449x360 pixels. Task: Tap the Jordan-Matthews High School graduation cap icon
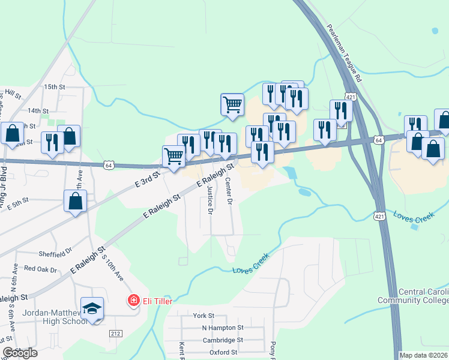pos(92,308)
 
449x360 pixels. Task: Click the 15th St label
pos(53,87)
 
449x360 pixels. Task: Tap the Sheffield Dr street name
pos(55,253)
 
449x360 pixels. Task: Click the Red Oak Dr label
pos(40,269)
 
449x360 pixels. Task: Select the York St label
pos(203,316)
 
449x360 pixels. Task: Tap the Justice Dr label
pos(209,200)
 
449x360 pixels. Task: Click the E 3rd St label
pos(146,179)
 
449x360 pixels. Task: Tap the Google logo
pos(19,353)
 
